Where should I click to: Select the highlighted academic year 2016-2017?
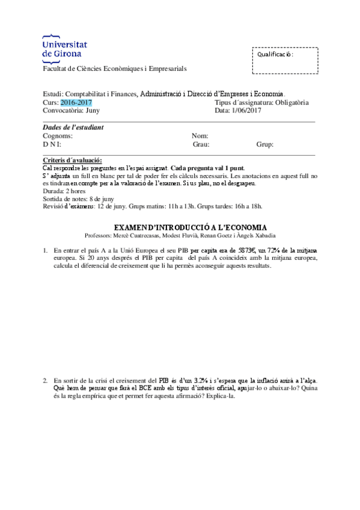click(x=76, y=102)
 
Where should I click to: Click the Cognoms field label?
click(x=58, y=136)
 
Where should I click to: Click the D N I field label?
click(x=52, y=144)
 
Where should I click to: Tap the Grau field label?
click(x=200, y=144)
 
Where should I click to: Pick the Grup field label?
click(x=265, y=144)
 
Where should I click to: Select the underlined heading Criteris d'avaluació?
click(x=73, y=159)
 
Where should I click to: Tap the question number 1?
click(x=45, y=250)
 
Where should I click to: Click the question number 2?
click(x=45, y=381)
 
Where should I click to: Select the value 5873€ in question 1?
click(x=250, y=250)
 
